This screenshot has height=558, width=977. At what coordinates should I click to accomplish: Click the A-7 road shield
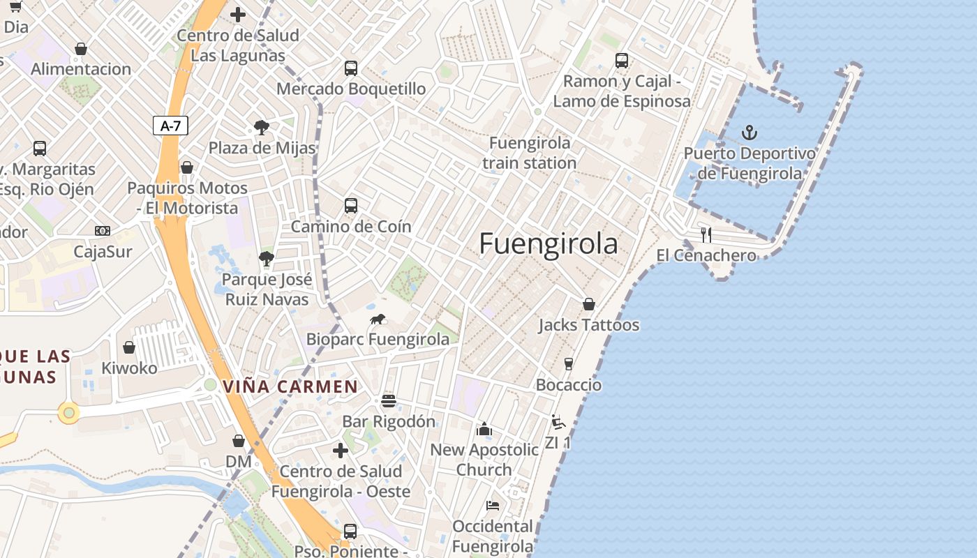[x=170, y=126]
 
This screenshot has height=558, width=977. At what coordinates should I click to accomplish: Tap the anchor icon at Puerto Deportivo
[x=749, y=132]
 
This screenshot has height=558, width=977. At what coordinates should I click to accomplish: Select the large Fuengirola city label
[x=549, y=244]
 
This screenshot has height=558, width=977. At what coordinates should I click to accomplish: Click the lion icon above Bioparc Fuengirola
[x=378, y=319]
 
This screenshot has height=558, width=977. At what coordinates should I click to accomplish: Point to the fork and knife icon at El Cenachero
[x=706, y=234]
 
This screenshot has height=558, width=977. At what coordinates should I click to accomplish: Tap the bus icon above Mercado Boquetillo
[x=351, y=68]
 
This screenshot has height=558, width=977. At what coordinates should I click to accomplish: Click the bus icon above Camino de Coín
[x=351, y=206]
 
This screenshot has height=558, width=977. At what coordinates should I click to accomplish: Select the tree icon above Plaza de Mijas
[x=262, y=128]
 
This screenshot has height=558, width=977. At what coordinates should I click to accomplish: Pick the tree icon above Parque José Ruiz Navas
[x=266, y=259]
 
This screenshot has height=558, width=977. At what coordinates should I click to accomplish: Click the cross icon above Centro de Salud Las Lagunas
[x=238, y=14]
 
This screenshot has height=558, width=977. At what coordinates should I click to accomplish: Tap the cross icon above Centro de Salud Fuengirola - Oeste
[x=341, y=451]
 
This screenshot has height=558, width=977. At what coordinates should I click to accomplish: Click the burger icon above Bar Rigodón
[x=389, y=401]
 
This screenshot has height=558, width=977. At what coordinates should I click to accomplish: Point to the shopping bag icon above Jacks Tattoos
[x=589, y=304]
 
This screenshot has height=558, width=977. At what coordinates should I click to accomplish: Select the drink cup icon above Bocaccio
[x=568, y=364]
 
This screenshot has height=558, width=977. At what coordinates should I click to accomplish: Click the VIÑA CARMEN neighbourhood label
[x=290, y=386]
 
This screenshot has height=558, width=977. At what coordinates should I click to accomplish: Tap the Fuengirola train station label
[x=530, y=153]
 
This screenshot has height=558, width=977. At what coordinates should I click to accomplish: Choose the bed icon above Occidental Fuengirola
[x=493, y=505]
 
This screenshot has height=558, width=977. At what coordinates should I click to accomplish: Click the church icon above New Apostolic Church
[x=484, y=429]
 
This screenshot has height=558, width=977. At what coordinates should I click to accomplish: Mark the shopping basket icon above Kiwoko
[x=129, y=347]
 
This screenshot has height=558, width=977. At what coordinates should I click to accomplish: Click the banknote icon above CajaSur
[x=103, y=231]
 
